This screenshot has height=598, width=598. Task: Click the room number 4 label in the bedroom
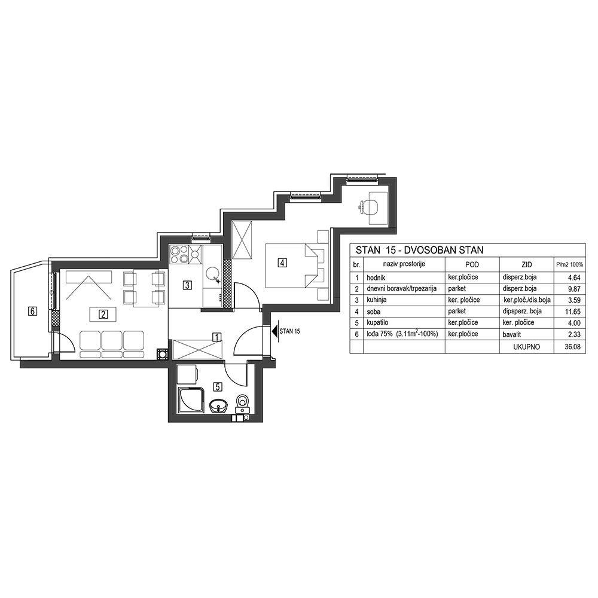coord(282,263)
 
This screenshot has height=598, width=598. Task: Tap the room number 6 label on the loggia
coord(33,312)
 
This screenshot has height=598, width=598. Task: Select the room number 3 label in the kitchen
coord(187,285)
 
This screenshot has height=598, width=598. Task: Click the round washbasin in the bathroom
coord(218,405)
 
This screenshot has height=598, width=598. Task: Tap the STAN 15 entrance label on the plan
coord(289,331)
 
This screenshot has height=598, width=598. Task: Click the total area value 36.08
coord(573,347)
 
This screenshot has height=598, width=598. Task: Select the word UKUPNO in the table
coord(527,347)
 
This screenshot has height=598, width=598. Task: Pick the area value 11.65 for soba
coord(573,312)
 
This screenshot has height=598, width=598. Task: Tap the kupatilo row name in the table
coord(377,323)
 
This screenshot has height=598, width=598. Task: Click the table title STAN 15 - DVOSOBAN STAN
coord(420,250)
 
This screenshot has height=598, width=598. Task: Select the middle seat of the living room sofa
coord(112,344)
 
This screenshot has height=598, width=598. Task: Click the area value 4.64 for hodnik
coord(574,277)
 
